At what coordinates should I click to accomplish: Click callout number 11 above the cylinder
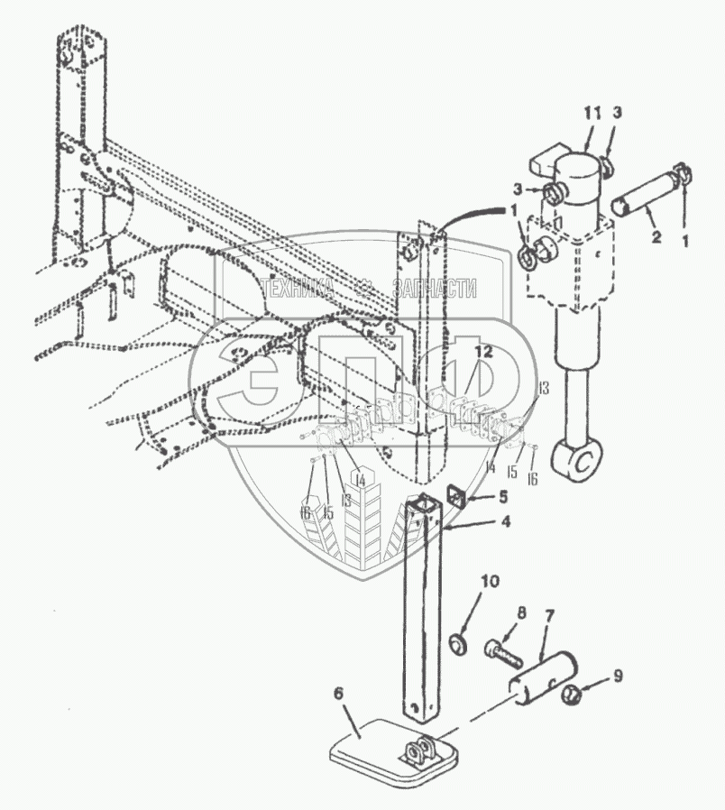tap(591, 113)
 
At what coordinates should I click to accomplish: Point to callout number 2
tap(656, 238)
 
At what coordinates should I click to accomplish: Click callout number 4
tap(505, 521)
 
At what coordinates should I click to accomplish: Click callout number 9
tap(616, 674)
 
